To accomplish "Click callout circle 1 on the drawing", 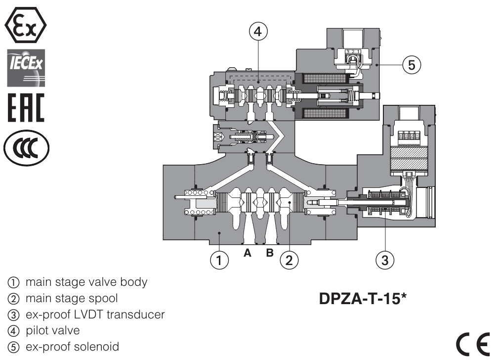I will click(x=219, y=259).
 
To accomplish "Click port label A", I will click(x=248, y=254).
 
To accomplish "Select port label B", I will click(x=270, y=254).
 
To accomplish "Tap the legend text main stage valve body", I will click(x=86, y=283).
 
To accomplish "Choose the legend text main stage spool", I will click(x=72, y=299).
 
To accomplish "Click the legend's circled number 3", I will click(x=11, y=315).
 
